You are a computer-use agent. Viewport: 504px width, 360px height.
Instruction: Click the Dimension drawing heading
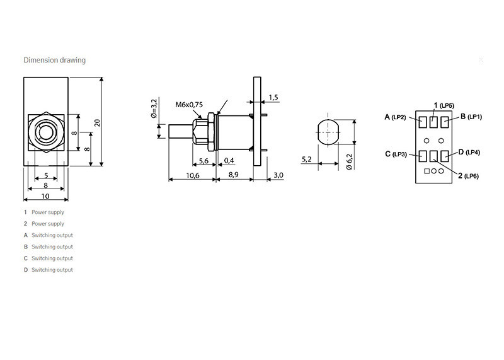pos(54,61)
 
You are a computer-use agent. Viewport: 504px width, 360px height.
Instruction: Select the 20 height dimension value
pos(97,122)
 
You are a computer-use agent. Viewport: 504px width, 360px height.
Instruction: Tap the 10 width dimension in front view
pos(45,197)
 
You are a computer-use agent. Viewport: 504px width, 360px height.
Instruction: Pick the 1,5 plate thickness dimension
pos(273,97)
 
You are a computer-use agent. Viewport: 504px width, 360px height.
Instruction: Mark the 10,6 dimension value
pos(193,175)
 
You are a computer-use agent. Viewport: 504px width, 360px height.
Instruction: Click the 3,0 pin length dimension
pos(278,175)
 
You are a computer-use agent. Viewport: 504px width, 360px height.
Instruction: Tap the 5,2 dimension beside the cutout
pos(307,160)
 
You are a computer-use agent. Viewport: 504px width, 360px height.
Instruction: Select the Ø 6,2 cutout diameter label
pos(350,163)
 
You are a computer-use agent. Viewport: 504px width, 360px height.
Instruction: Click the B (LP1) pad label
pos(471,117)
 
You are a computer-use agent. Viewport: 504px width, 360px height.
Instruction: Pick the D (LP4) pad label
pos(469,152)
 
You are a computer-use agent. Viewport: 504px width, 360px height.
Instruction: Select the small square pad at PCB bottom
pos(427,171)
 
